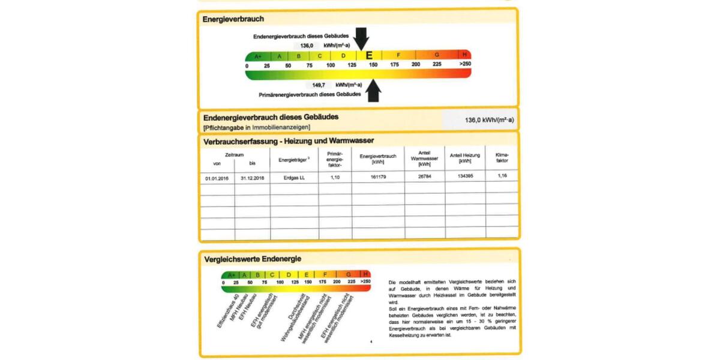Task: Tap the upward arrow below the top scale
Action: tap(374, 91)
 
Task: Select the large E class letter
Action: tap(368, 55)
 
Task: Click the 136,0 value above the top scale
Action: tap(307, 46)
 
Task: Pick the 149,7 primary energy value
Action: tap(318, 85)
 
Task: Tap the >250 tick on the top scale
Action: tap(464, 64)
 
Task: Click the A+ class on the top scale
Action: tap(258, 56)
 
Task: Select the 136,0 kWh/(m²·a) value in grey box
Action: tap(489, 120)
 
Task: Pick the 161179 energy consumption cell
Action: tap(378, 178)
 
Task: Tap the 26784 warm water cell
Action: tap(425, 178)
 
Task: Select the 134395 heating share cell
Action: tap(465, 178)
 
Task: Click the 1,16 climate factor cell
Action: tap(502, 177)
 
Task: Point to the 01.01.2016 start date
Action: tap(217, 178)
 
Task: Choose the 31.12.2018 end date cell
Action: tap(252, 178)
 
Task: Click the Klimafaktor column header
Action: tap(502, 158)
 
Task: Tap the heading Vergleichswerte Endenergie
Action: tap(253, 259)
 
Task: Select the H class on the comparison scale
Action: tap(366, 274)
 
